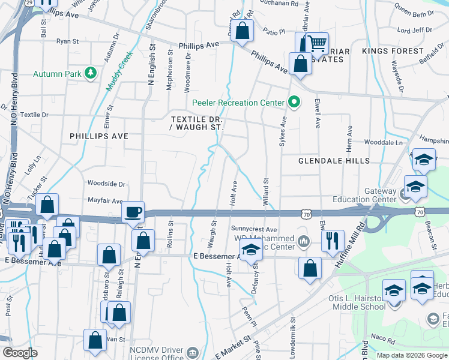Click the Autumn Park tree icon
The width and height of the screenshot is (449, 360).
pyautogui.click(x=91, y=73)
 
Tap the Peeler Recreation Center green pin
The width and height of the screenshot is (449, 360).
pyautogui.click(x=294, y=103)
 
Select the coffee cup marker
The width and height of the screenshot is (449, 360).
pyautogui.click(x=133, y=212)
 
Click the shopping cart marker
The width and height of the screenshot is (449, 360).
pyautogui.click(x=316, y=43)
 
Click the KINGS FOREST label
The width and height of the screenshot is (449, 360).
pyautogui.click(x=393, y=51)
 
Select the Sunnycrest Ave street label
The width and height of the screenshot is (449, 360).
pyautogui.click(x=254, y=229)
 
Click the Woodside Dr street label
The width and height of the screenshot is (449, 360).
pyautogui.click(x=106, y=184)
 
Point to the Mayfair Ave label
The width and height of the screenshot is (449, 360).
pyautogui.click(x=105, y=201)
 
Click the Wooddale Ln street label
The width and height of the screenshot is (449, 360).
pyautogui.click(x=383, y=143)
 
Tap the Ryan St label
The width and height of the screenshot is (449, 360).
pyautogui.click(x=67, y=41)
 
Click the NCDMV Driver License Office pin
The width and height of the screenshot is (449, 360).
pyautogui.click(x=193, y=352)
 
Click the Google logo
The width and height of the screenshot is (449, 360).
pyautogui.click(x=20, y=353)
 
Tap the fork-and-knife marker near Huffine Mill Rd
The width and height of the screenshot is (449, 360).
pyautogui.click(x=332, y=241)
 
